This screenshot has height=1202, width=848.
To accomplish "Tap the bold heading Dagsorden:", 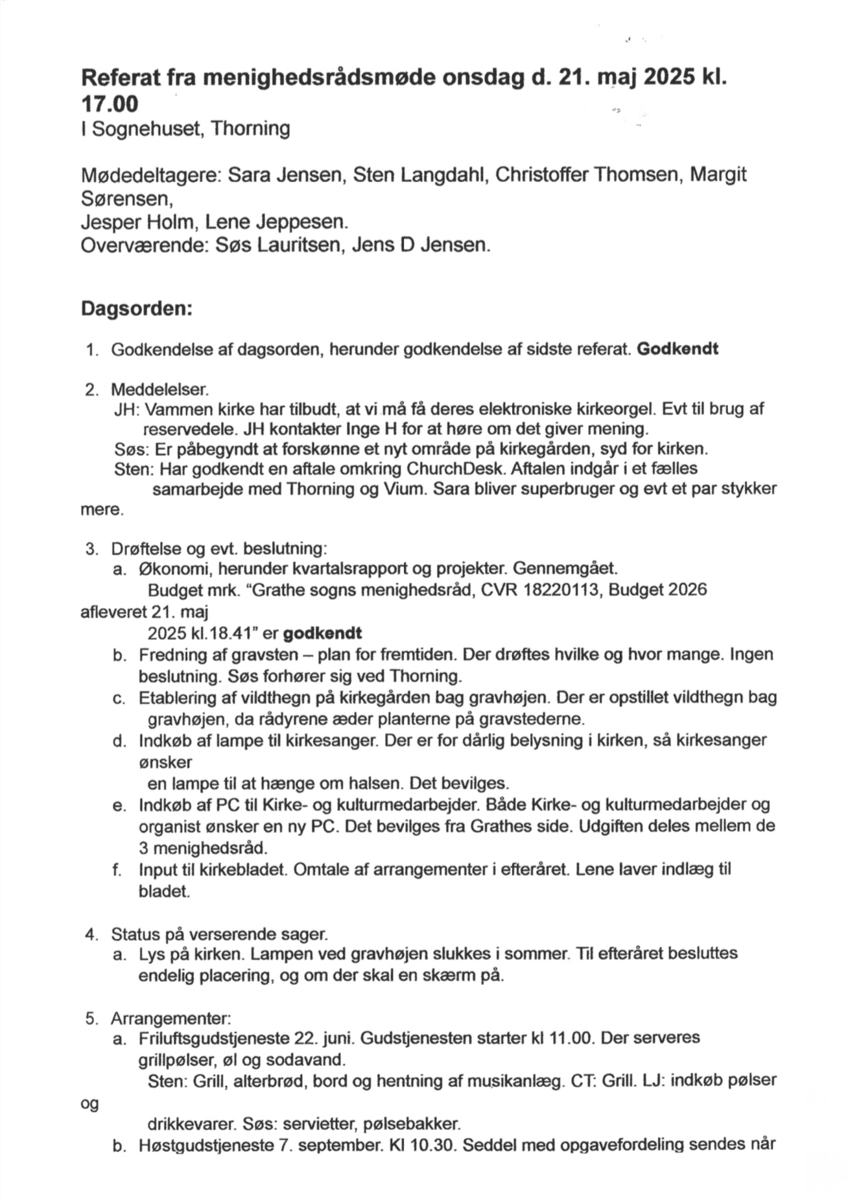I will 136,309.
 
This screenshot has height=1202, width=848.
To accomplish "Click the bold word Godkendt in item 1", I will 677,349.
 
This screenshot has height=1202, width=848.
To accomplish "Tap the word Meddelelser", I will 159,390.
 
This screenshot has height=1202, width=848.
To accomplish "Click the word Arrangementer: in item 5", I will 171,1018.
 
